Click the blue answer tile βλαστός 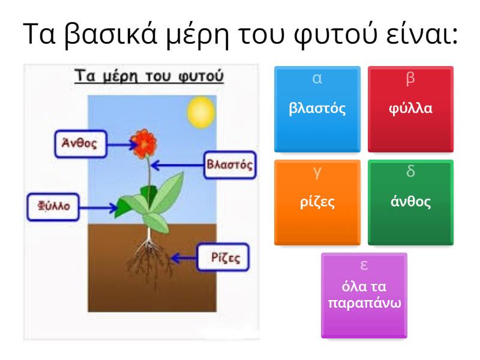pyautogui.click(x=317, y=109)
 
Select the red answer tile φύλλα pyautogui.click(x=410, y=109)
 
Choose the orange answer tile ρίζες pyautogui.click(x=317, y=202)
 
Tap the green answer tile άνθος pyautogui.click(x=410, y=202)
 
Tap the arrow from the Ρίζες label pyautogui.click(x=184, y=259)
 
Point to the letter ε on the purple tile pyautogui.click(x=364, y=265)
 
